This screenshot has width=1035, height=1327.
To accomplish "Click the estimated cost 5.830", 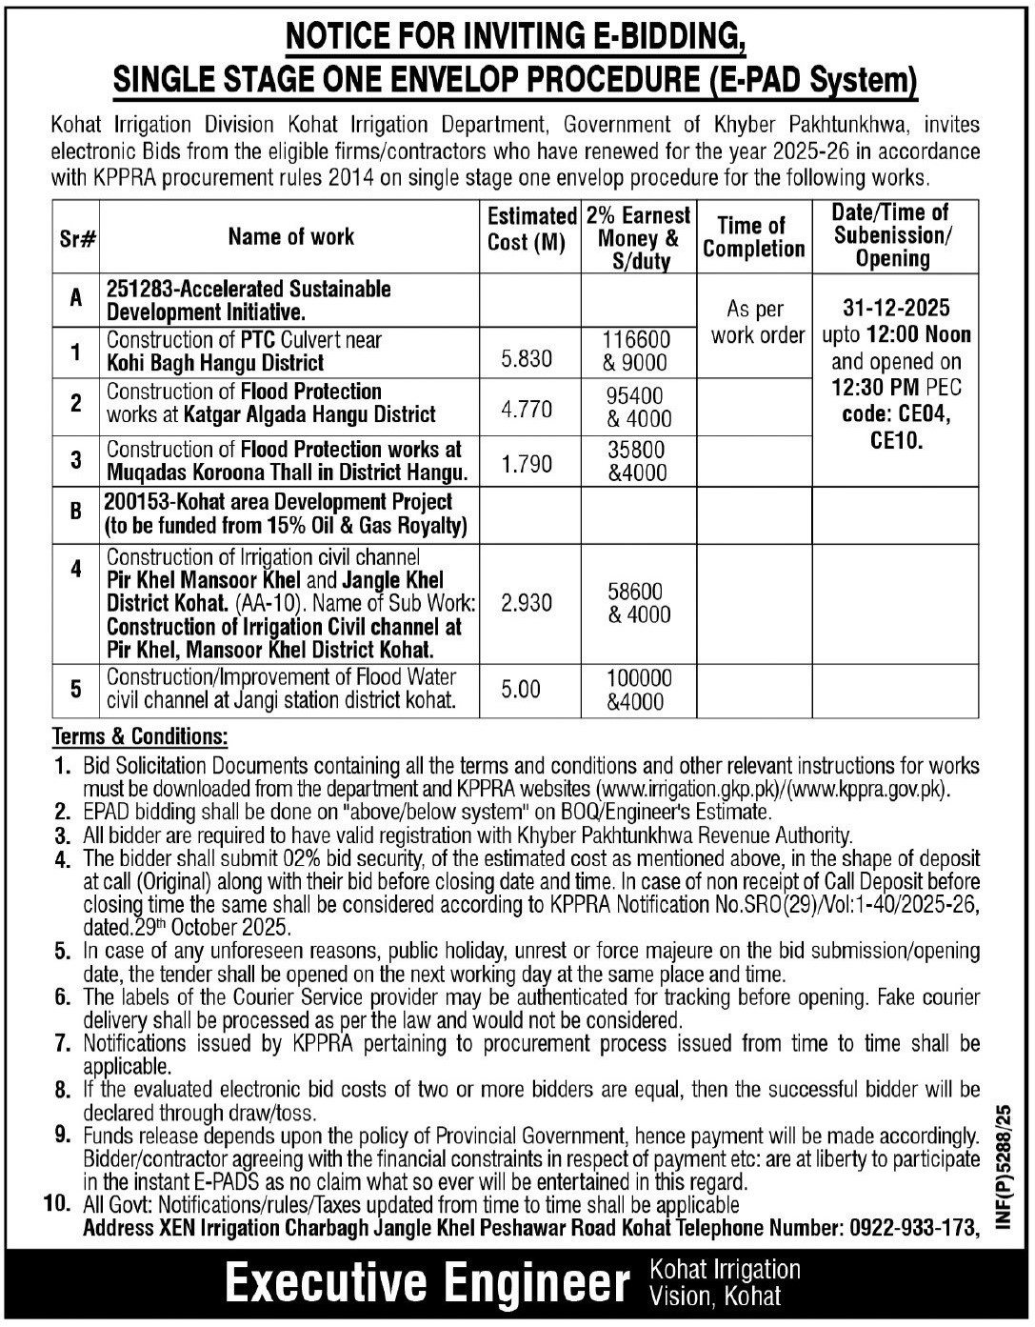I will pos(527,357).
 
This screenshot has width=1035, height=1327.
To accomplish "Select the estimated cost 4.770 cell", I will pos(527,410).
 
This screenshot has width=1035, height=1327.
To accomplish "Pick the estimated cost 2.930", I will pos(527,603).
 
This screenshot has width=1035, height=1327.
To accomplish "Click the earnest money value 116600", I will pos(638,340).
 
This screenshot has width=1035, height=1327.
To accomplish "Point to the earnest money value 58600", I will pos(638,592).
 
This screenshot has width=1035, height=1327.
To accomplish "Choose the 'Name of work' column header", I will pos(290,237).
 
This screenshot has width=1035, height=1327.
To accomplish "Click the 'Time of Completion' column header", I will pos(753,237).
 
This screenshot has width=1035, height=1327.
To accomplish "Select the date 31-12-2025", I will pos(895,309).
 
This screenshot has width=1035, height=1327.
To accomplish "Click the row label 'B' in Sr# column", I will pos(75,512).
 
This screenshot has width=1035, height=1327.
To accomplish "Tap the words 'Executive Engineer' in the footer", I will pos(427,1282).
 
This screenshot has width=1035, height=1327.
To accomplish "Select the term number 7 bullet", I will pos(63,1043).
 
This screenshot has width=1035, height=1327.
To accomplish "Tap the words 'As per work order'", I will pos(756,322).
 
